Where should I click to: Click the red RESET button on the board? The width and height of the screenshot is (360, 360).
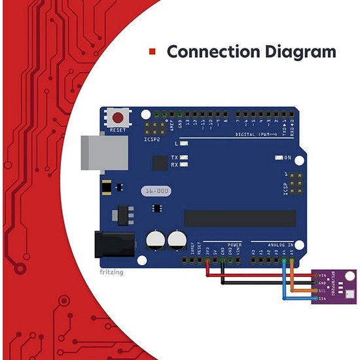pyautogui.click(x=118, y=118)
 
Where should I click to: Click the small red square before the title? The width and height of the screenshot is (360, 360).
pyautogui.click(x=153, y=52)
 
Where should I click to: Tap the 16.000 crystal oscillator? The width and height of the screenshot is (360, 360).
pyautogui.click(x=155, y=190)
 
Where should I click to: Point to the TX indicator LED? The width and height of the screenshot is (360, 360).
pyautogui.click(x=184, y=158)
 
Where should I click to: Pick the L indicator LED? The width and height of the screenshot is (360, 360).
pyautogui.click(x=184, y=143)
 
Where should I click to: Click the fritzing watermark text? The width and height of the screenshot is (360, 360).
pyautogui.click(x=111, y=271)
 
